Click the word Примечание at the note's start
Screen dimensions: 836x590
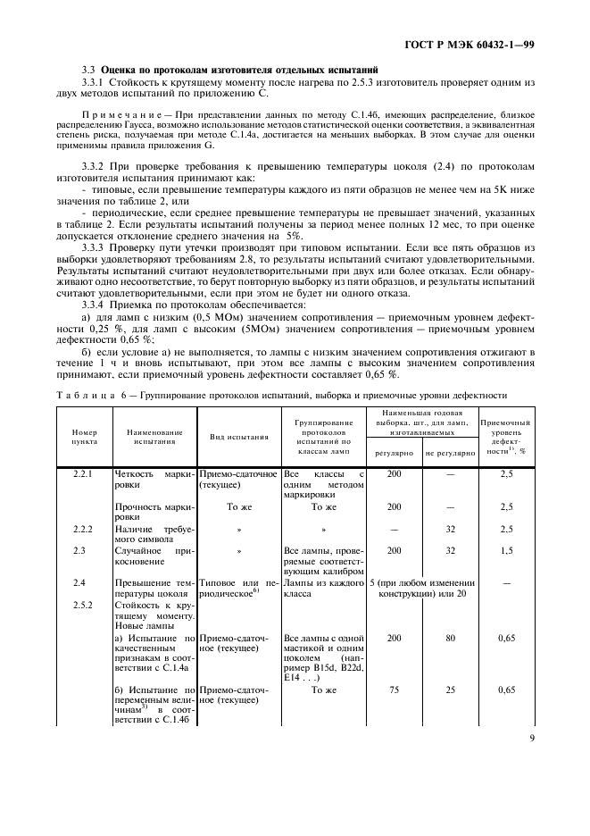[120, 115]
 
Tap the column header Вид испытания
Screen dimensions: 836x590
[238, 438]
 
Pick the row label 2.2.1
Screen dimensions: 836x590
[84, 474]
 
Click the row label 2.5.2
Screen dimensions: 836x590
[84, 605]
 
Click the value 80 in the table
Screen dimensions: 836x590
[451, 639]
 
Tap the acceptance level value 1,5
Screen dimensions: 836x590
[507, 551]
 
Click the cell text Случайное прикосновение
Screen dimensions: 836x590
[154, 556]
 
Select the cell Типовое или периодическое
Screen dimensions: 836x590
[238, 587]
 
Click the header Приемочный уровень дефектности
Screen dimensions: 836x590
[506, 437]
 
